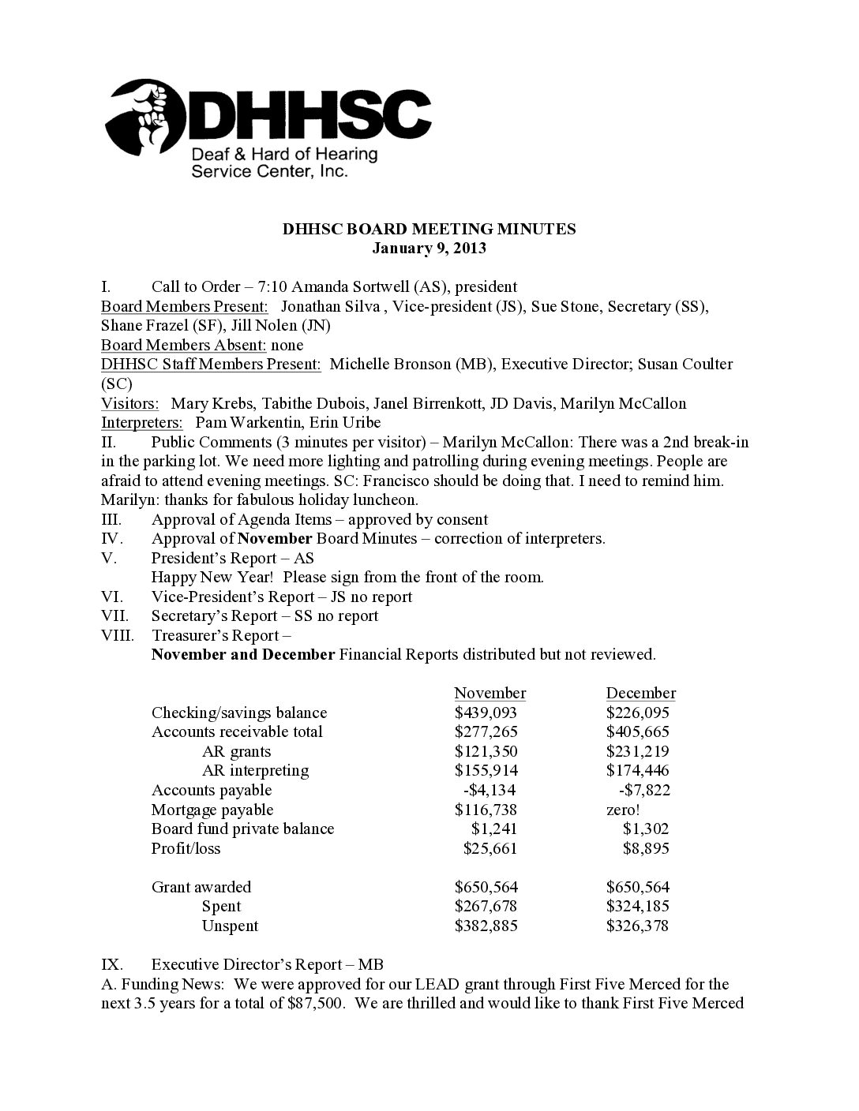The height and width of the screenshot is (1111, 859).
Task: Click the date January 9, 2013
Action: [429, 249]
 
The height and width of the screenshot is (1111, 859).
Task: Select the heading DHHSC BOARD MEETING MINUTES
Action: [429, 230]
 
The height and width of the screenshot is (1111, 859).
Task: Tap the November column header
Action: [490, 694]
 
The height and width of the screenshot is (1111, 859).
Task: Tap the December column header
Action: [640, 694]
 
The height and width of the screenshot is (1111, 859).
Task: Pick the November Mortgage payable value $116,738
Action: [486, 810]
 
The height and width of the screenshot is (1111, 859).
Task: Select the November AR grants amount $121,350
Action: [486, 751]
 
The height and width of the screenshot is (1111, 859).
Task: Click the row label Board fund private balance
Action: [242, 829]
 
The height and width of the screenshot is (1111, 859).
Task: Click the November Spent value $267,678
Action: [486, 907]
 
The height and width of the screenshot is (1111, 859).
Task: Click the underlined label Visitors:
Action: [129, 403]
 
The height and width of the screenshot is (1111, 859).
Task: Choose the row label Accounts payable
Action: [212, 790]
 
